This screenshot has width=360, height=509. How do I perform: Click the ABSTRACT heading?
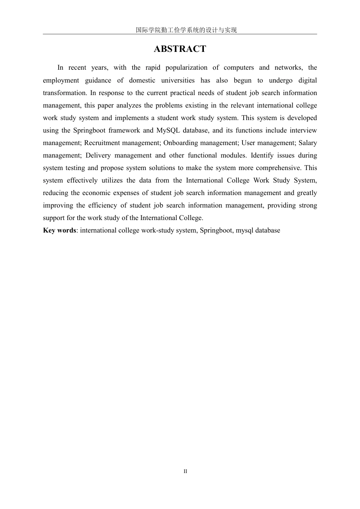[180, 49]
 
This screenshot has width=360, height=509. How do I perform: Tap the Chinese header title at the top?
[186, 30]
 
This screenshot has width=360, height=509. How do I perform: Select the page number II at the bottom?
[185, 472]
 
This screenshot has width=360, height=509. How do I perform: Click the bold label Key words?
[59, 230]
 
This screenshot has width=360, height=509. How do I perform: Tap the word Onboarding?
[181, 143]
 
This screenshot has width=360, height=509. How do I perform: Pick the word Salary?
[308, 143]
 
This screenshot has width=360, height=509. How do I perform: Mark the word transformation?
[64, 93]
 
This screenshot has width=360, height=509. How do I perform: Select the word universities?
[178, 80]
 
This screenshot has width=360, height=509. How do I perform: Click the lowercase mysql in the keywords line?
[246, 230]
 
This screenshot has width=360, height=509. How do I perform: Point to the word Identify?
[264, 155]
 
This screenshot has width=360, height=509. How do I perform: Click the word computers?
[239, 68]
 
